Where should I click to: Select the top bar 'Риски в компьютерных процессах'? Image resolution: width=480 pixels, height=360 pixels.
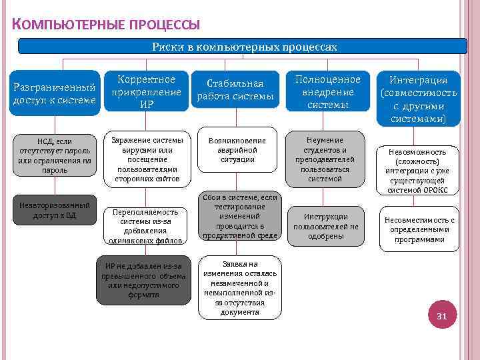tap(244, 47)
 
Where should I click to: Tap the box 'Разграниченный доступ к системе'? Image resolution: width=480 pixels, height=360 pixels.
tap(55, 94)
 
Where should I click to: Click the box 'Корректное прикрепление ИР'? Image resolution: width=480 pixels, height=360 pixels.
tap(147, 91)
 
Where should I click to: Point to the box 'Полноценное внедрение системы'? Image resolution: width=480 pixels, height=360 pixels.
tap(325, 91)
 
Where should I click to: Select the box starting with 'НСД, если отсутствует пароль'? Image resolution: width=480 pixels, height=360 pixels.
tap(55, 155)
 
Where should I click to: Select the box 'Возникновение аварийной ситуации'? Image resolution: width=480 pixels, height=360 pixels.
tap(237, 150)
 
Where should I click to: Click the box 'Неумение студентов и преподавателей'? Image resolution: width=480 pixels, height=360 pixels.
tap(325, 159)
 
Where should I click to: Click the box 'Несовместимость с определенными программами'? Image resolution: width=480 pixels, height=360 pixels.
tap(420, 229)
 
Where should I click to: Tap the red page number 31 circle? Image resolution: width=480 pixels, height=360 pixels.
tap(441, 316)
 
